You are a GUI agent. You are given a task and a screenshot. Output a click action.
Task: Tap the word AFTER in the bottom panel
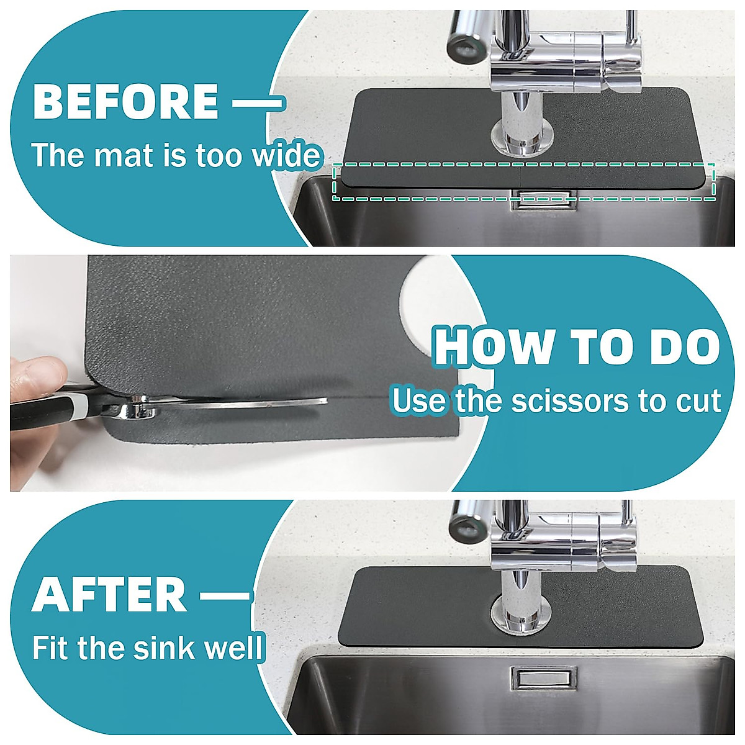109,594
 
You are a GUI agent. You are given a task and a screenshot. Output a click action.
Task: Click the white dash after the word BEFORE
256,102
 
